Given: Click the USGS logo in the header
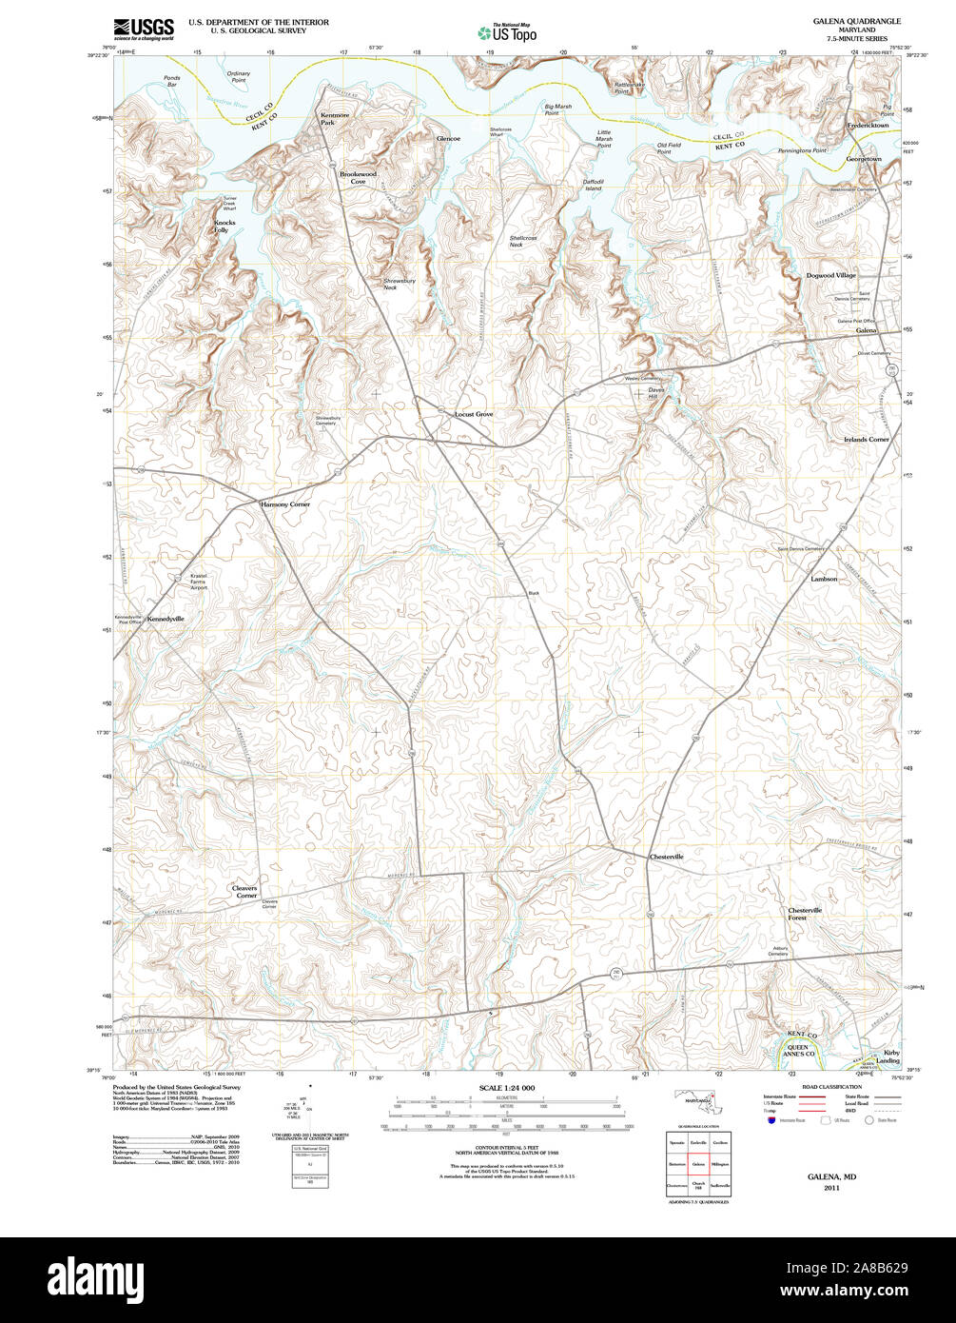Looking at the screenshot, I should (x=144, y=30).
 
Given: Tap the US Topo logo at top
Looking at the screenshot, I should (x=507, y=31).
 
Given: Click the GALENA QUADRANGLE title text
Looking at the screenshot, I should (x=856, y=21).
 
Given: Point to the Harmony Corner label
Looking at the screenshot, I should (x=285, y=504).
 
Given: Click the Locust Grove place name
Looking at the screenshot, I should (x=474, y=415).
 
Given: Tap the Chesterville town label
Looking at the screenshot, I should (x=666, y=857).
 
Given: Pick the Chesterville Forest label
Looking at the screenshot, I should (x=805, y=914).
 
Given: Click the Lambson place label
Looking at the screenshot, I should (x=824, y=579).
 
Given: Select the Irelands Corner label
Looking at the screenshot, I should (x=866, y=440).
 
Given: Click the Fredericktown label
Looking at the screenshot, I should (x=868, y=126).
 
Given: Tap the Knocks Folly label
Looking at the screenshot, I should (x=221, y=227).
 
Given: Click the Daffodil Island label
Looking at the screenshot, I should (x=593, y=185).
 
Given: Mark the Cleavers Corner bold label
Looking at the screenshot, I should (x=245, y=892).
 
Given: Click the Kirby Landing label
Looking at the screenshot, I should (x=889, y=1056).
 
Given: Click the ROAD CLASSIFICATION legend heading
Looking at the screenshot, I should (x=831, y=1087).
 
